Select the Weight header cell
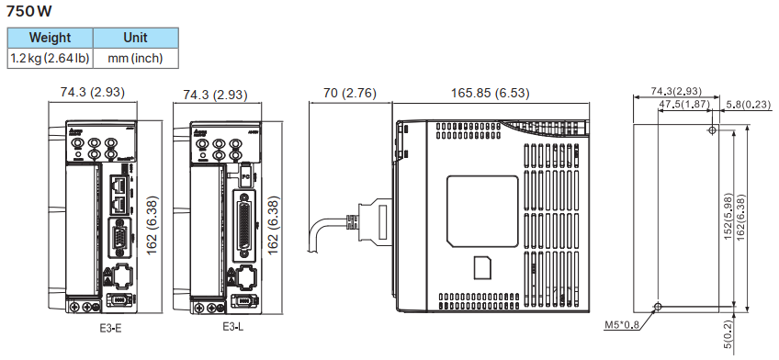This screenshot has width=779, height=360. (x=50, y=38)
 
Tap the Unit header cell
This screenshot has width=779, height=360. (x=135, y=38)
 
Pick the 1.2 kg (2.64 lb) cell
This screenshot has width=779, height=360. (x=50, y=58)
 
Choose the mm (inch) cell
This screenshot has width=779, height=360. (x=135, y=58)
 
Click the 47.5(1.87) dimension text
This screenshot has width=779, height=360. (x=684, y=105)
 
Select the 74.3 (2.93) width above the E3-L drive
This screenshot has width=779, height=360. (x=215, y=95)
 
